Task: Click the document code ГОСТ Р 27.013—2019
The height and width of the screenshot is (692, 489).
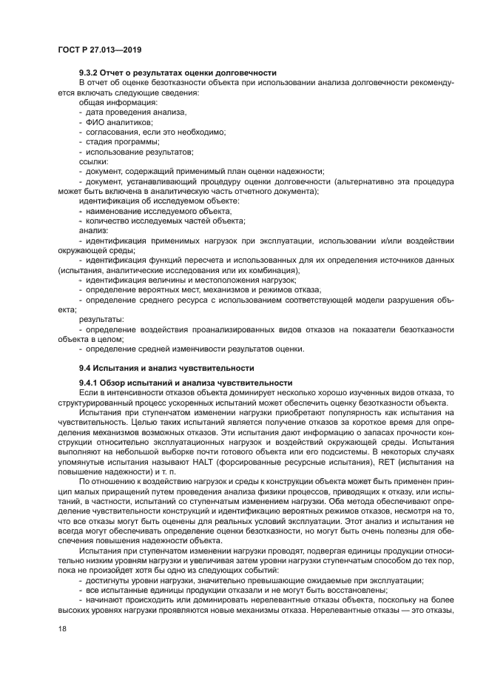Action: [x=99, y=48]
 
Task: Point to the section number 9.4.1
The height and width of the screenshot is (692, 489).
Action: [x=92, y=381]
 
